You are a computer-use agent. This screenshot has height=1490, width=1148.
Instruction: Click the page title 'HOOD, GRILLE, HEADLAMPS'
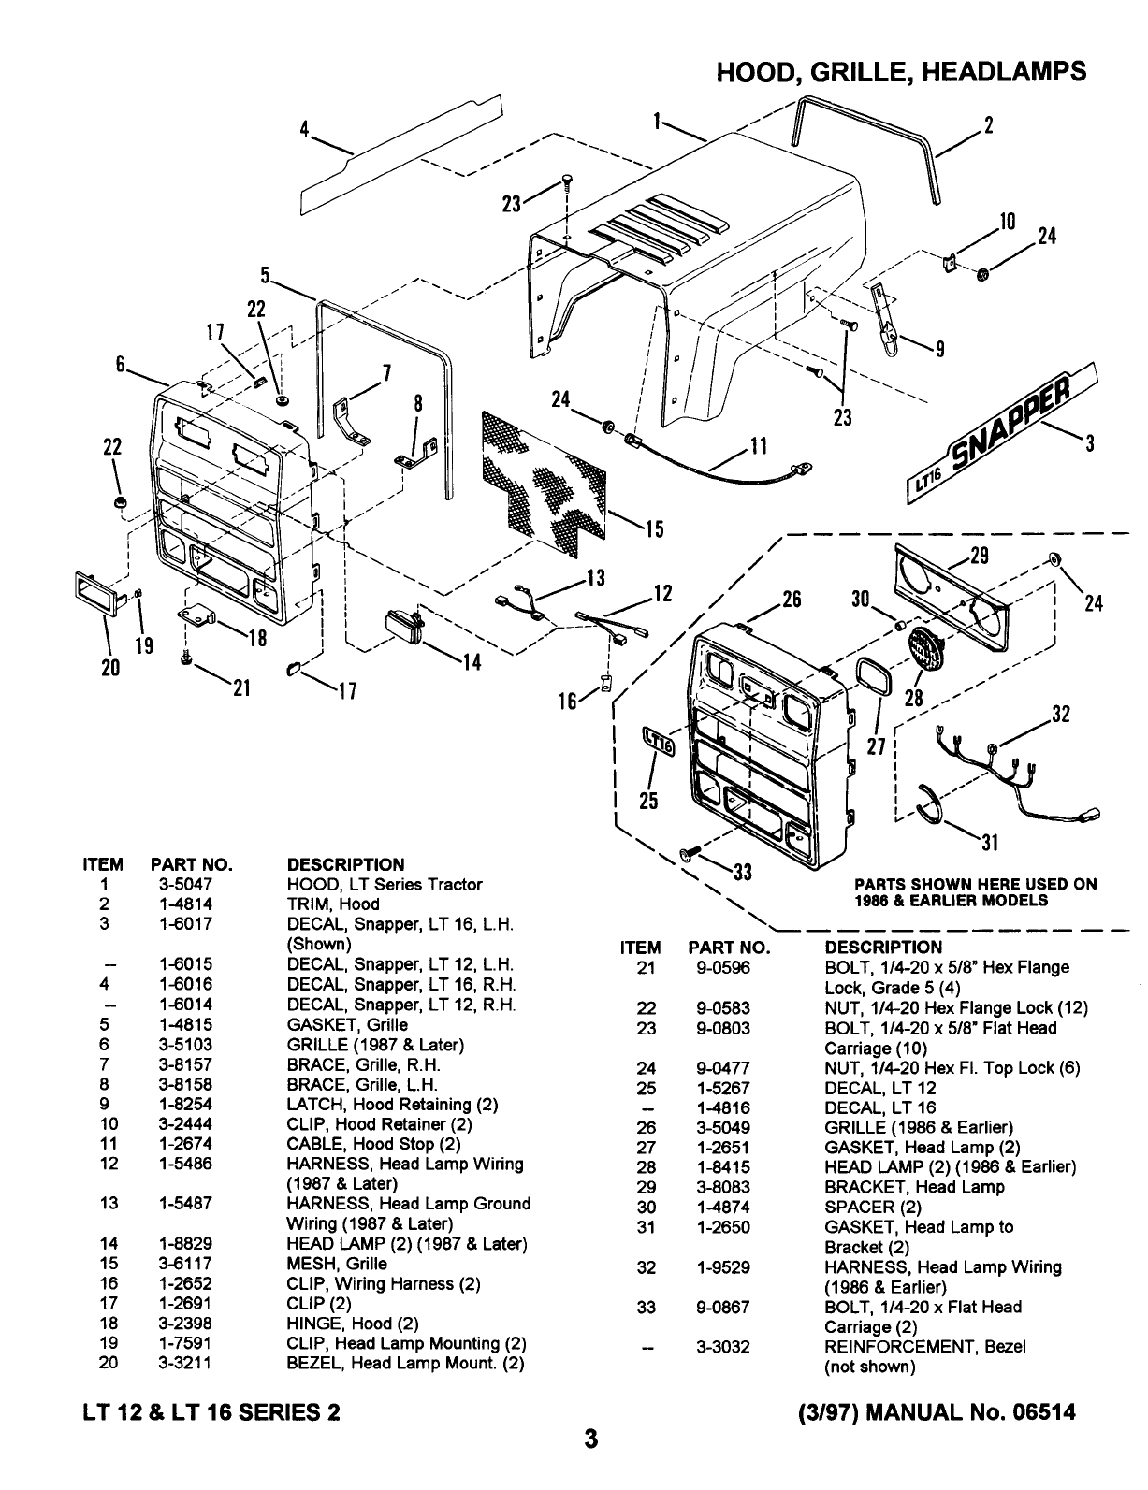[x=901, y=72]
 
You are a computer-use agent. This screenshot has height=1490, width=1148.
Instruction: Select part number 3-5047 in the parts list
[x=185, y=884]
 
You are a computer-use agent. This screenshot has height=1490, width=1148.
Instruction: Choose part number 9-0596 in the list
[x=723, y=967]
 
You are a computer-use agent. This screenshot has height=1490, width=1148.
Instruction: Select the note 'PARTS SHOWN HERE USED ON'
[x=976, y=884]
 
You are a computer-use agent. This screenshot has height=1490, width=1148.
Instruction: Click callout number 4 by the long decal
[x=304, y=130]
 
